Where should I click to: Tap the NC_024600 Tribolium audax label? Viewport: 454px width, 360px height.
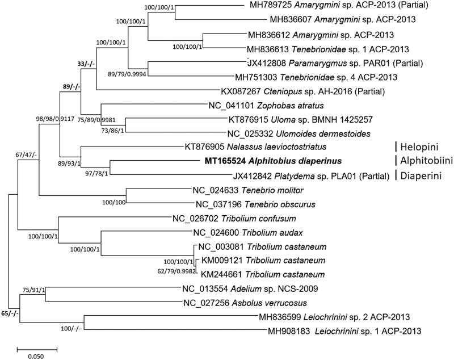click(x=238, y=232)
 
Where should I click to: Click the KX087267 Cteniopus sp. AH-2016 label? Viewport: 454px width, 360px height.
click(x=303, y=90)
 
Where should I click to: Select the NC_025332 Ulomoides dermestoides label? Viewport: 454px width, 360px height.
click(x=299, y=133)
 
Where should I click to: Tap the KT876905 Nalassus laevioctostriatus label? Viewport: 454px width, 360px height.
click(x=247, y=146)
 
